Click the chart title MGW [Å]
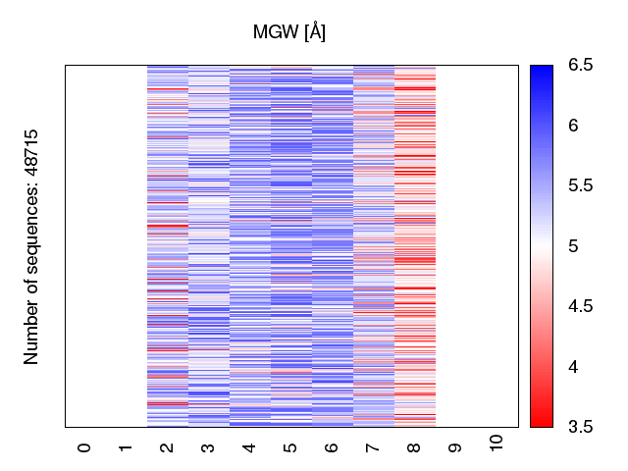coord(289,32)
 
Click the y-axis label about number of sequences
coord(32,245)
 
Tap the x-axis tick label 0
coord(84,447)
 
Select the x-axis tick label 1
coord(126,447)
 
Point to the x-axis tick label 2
coord(167,447)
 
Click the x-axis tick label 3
coord(208,447)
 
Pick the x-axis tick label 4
coord(249,447)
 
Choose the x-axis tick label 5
coord(290,447)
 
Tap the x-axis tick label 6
coord(332,447)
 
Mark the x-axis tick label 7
coord(373,447)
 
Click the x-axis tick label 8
coord(414,447)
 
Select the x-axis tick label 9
coord(455,447)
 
